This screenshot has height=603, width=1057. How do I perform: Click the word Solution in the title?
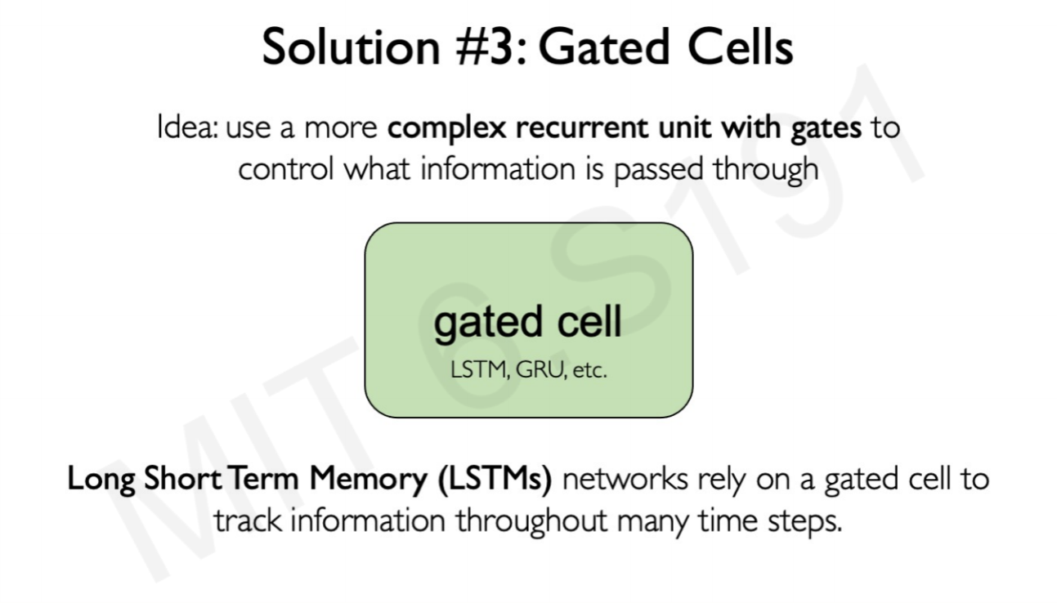pyautogui.click(x=352, y=47)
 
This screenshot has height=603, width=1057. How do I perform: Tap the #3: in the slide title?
pyautogui.click(x=491, y=47)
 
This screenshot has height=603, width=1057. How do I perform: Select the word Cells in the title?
pyautogui.click(x=741, y=47)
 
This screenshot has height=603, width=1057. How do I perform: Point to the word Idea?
pyautogui.click(x=187, y=127)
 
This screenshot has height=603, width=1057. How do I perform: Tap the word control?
pyautogui.click(x=286, y=169)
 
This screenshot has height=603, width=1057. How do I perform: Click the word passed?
pyautogui.click(x=659, y=171)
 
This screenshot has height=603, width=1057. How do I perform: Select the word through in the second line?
pyautogui.click(x=766, y=171)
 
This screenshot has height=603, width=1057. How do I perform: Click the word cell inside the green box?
pyautogui.click(x=589, y=321)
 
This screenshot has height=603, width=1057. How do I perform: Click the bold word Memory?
pyautogui.click(x=368, y=480)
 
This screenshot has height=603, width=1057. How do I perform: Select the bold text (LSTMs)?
pyautogui.click(x=495, y=479)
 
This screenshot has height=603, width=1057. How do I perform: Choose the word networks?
pyautogui.click(x=625, y=479)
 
